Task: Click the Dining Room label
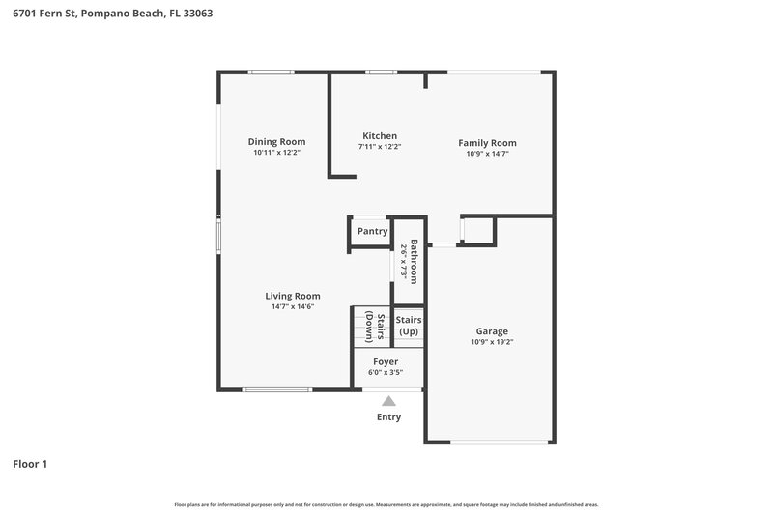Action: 276,142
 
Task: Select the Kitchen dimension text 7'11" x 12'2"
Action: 380,147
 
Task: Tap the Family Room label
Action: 487,143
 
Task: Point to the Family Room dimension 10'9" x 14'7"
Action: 487,154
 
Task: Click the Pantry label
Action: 372,232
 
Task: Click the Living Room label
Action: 293,296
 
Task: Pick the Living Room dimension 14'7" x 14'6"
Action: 293,307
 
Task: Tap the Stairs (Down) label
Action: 376,329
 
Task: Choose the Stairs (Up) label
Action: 409,326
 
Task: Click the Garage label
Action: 492,331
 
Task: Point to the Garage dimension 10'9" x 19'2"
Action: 492,342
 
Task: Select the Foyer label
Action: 385,362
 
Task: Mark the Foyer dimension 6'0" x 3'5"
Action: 385,373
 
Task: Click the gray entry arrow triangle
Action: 388,401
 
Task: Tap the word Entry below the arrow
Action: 388,417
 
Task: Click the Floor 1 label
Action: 30,464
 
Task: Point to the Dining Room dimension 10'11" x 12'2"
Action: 276,153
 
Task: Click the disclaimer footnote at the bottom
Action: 386,504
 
